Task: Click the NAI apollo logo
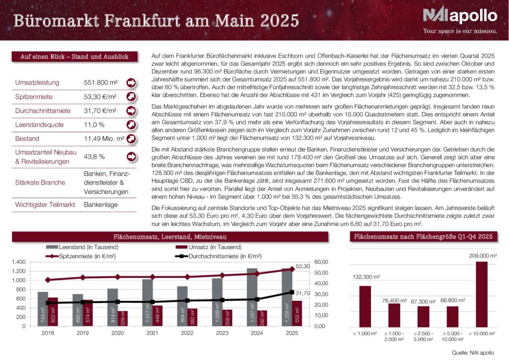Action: (x=459, y=16)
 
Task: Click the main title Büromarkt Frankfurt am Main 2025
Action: (x=156, y=21)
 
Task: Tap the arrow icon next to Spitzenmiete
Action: (x=131, y=96)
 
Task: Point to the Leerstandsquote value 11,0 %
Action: (x=94, y=124)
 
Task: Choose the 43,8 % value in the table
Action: (x=94, y=157)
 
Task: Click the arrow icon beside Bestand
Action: (x=131, y=139)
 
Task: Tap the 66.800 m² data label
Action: (x=452, y=300)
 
